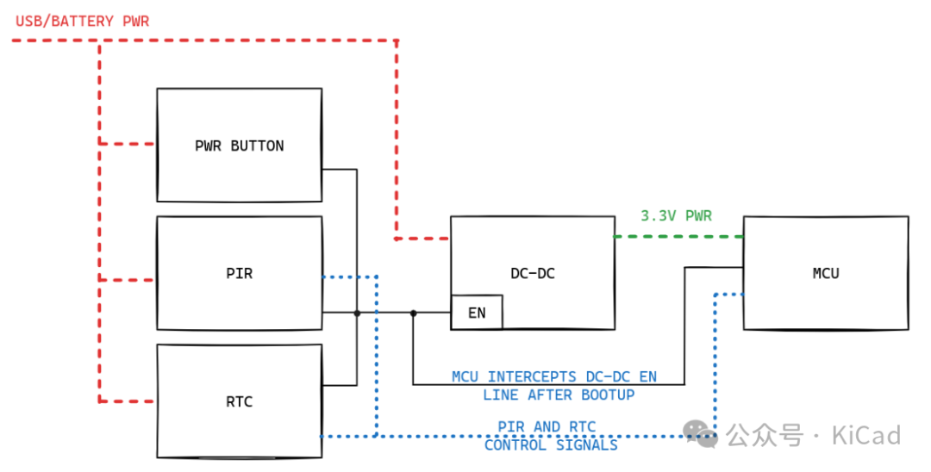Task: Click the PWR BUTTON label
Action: [239, 146]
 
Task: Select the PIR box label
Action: [239, 274]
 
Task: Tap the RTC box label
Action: [239, 401]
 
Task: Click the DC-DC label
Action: [532, 274]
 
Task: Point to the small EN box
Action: [477, 313]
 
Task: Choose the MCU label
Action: [825, 274]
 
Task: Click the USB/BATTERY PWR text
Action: [83, 21]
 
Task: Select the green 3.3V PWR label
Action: [676, 216]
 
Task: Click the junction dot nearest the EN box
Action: [413, 313]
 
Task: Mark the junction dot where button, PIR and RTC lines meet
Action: [357, 313]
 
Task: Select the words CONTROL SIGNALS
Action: [551, 445]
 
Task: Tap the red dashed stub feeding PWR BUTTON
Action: [128, 143]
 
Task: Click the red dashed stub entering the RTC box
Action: [128, 401]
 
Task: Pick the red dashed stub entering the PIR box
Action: [128, 279]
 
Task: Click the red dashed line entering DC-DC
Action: [422, 238]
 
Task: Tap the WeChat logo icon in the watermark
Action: [702, 434]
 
